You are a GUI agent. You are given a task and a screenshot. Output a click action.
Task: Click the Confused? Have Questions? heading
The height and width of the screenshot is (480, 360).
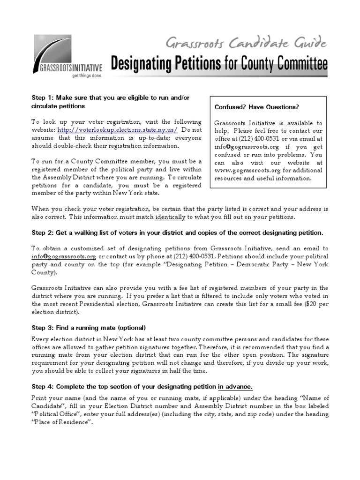click(256, 107)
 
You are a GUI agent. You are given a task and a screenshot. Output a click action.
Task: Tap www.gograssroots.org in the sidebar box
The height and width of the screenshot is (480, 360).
click(240, 170)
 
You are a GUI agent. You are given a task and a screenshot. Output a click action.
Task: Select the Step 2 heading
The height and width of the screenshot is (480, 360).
click(178, 232)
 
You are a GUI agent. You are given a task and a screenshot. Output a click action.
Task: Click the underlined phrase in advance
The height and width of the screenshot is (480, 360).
click(236, 387)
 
